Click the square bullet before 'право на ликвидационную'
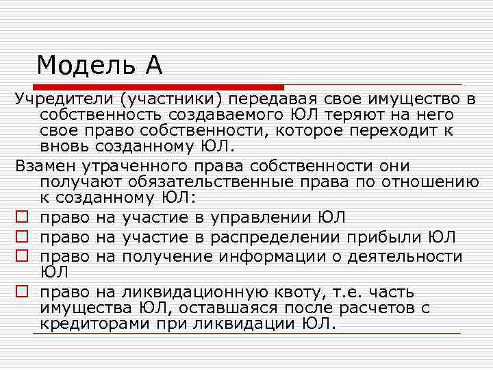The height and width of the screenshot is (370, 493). point(22,291)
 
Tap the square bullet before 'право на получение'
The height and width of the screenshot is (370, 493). point(22,257)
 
